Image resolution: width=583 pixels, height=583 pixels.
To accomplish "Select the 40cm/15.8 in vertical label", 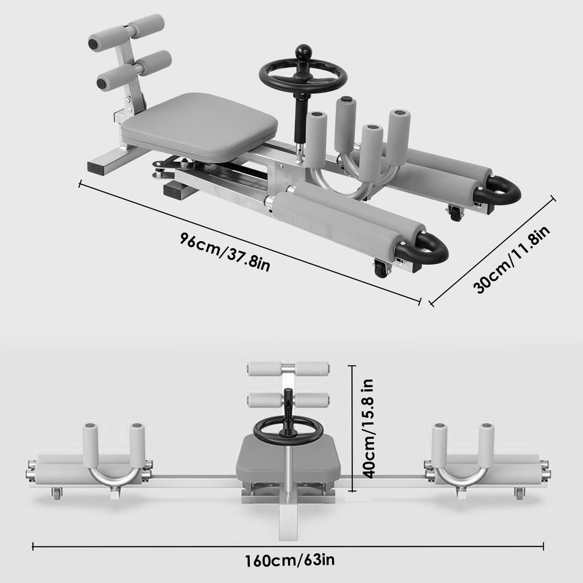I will pyautogui.click(x=369, y=428).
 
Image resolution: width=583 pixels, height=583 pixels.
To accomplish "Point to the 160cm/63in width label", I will pyautogui.click(x=290, y=560).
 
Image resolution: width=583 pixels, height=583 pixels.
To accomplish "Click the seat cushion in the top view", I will pyautogui.click(x=199, y=128).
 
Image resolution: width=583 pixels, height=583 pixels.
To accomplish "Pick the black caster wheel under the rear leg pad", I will pyautogui.click(x=456, y=212).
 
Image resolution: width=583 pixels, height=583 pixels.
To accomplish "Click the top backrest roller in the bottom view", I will pyautogui.click(x=288, y=368).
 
